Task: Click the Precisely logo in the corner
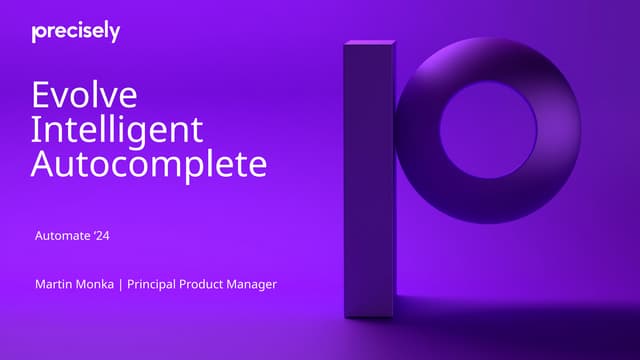click(76, 32)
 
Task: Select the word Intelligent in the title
click(117, 130)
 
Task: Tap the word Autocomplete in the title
click(149, 164)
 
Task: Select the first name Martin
click(52, 285)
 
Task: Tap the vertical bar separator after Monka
click(120, 285)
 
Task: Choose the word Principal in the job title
click(151, 285)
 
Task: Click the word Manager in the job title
click(253, 285)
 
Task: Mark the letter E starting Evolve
click(41, 96)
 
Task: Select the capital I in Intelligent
click(35, 130)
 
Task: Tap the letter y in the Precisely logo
click(115, 34)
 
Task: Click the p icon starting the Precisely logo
click(36, 33)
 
